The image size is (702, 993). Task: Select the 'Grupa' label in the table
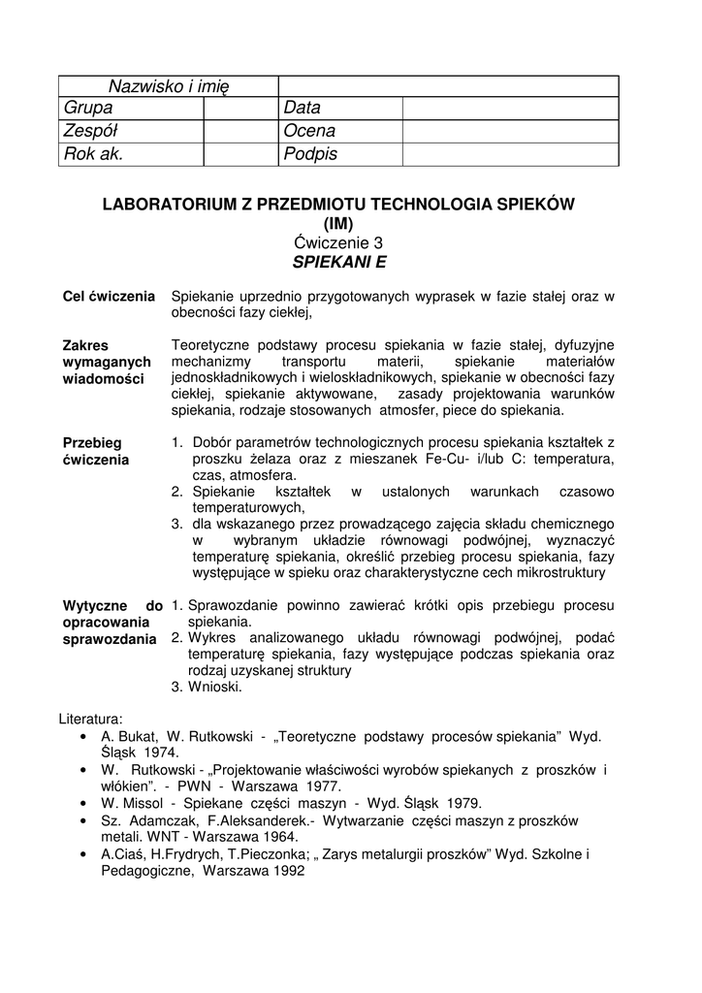pos(88,109)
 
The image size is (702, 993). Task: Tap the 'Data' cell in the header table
pos(303,109)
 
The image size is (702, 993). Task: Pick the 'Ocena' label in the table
pos(310,131)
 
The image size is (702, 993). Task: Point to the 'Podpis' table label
pos(311,154)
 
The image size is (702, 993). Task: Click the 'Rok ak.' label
pos(94,154)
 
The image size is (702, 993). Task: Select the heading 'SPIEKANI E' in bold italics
pos(339,261)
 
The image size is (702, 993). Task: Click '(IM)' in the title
pos(339,223)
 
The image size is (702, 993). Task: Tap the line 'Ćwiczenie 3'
pos(339,242)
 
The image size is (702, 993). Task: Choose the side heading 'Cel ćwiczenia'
pos(109,296)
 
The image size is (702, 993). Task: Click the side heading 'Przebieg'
pos(92,442)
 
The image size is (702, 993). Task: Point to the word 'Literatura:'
pos(91,720)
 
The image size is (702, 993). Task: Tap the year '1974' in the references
pos(160,753)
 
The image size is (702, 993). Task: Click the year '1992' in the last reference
pos(286,870)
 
